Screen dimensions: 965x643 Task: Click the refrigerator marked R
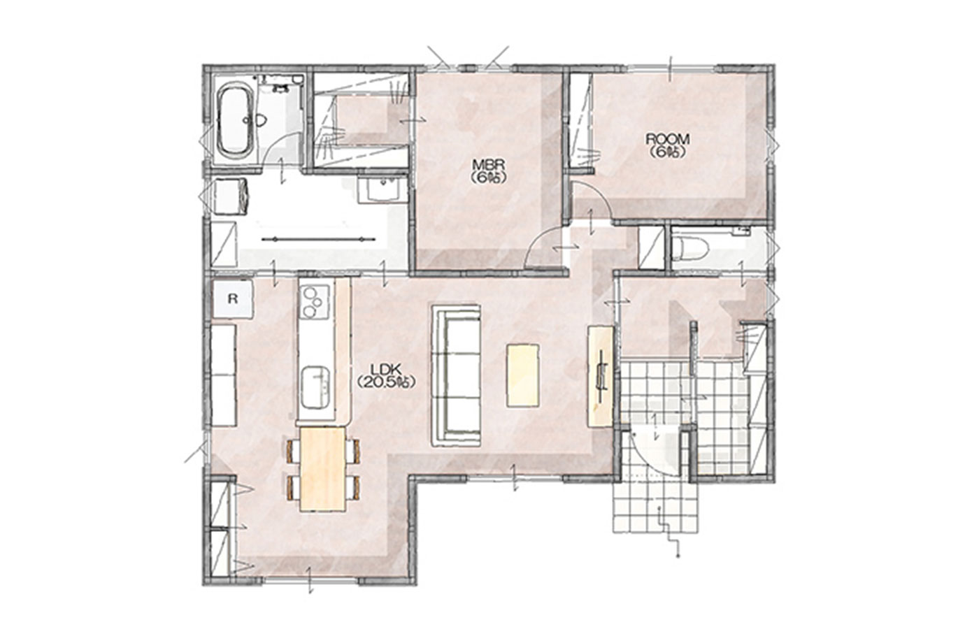click(x=233, y=299)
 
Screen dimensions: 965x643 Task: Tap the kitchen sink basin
click(x=315, y=387)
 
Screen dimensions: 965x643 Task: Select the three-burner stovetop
click(x=315, y=302)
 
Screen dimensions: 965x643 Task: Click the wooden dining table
click(x=322, y=469)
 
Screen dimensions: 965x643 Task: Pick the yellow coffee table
click(x=523, y=375)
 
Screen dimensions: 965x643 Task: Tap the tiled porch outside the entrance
click(x=655, y=507)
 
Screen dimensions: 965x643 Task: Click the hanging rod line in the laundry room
click(x=319, y=240)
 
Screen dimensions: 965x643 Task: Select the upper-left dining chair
click(x=294, y=451)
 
